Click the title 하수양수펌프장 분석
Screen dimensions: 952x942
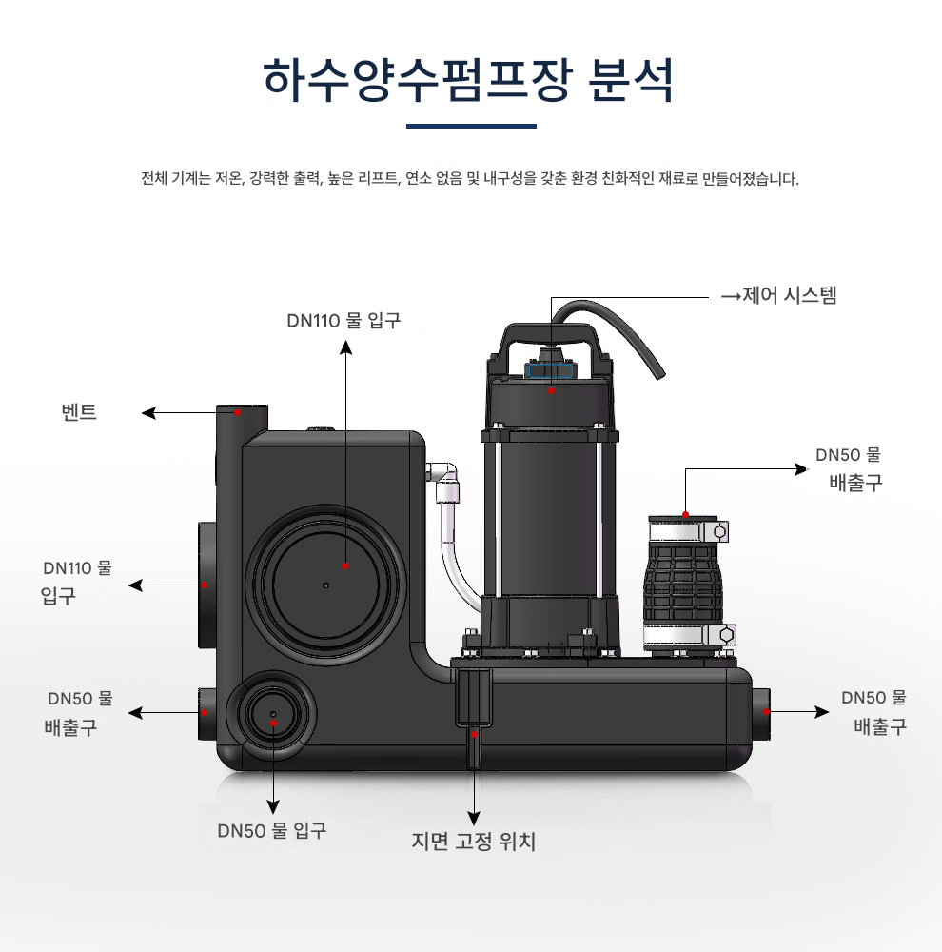pos(470,80)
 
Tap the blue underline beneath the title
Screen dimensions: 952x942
pos(471,125)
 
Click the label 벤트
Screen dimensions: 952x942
pos(80,413)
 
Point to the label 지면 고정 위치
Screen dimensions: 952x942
pos(474,842)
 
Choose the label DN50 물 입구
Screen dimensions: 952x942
pos(272,830)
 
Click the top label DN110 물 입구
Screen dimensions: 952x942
pos(344,320)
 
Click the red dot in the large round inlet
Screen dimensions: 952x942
pos(345,565)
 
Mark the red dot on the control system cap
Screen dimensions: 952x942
pos(551,389)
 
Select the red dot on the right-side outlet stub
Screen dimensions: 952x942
pos(766,711)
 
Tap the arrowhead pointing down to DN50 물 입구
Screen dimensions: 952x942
pos(274,806)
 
